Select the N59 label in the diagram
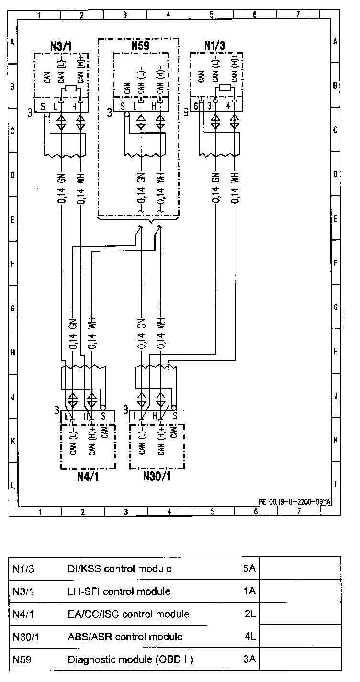[x=140, y=46]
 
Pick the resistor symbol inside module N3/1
[x=71, y=89]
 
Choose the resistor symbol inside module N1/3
[x=225, y=89]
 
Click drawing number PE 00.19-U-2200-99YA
[x=295, y=501]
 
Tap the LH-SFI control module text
[x=119, y=591]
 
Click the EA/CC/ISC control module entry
[x=128, y=614]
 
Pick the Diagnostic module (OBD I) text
[x=130, y=659]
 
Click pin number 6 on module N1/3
[x=196, y=106]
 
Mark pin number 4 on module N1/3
[x=228, y=106]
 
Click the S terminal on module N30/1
[x=175, y=416]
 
